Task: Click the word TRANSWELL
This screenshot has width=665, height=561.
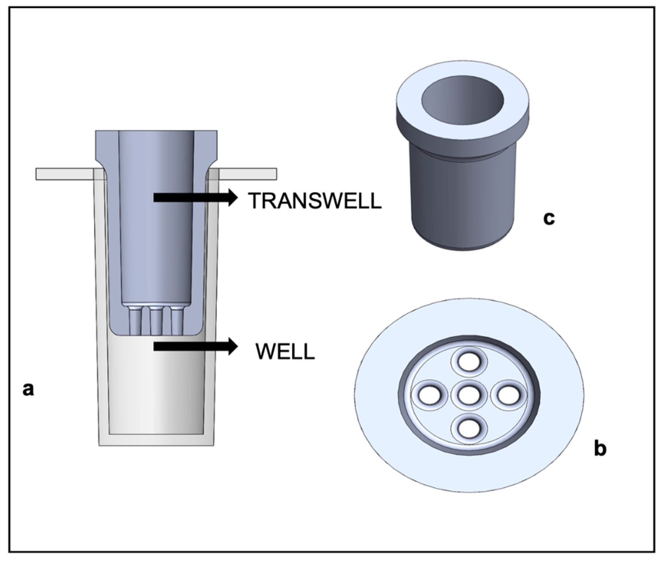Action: point(315,201)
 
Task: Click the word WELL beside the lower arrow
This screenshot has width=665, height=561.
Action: point(285,351)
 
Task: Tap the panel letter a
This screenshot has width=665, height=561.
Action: point(28,389)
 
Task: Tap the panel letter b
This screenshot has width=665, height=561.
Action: point(600,448)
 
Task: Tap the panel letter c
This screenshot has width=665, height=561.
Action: point(549,218)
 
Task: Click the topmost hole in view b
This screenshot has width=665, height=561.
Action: point(469,362)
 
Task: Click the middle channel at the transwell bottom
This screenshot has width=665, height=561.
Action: point(156,321)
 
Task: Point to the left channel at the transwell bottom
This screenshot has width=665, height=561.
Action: point(135,321)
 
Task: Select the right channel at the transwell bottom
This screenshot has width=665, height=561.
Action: point(177,321)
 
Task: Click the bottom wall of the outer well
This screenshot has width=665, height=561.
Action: point(156,440)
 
